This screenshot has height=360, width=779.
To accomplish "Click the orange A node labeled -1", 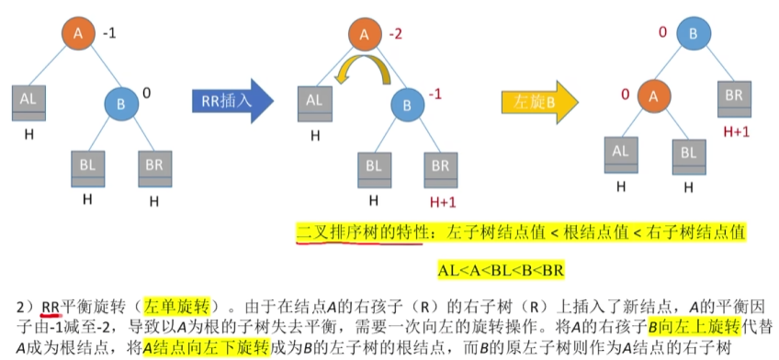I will [78, 35].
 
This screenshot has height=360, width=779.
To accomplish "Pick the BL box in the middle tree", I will [373, 166].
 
